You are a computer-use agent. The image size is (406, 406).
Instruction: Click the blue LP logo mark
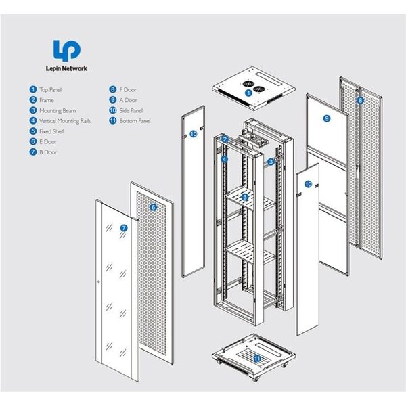67,51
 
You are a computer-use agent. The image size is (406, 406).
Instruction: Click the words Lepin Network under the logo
66,68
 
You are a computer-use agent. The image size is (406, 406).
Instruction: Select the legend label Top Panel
51,90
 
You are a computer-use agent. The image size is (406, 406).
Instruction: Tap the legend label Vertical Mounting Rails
65,121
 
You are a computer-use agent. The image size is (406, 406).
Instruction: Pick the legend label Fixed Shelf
51,131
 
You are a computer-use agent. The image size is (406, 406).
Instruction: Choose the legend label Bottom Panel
135,121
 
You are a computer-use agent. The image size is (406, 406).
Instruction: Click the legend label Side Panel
131,110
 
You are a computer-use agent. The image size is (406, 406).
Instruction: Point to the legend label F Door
128,90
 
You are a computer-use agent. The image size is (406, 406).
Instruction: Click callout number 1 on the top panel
248,93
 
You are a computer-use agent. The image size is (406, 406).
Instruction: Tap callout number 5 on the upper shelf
245,198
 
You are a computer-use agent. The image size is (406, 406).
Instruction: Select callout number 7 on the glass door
124,228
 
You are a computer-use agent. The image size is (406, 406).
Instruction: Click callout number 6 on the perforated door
154,207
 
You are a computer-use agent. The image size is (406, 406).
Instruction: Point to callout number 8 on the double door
360,100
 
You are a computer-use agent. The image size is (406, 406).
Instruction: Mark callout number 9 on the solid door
327,118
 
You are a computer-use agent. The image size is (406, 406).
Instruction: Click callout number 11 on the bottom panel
257,359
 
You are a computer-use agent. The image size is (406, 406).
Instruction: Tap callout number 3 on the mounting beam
271,162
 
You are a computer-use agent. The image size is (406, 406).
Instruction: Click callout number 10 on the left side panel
194,134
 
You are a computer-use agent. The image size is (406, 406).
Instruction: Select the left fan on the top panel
248,84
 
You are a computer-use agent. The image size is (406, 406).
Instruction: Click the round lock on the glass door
98,281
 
